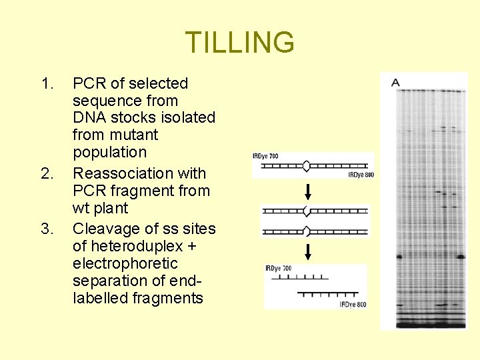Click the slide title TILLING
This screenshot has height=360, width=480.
[x=239, y=43]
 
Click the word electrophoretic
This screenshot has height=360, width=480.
[x=125, y=264]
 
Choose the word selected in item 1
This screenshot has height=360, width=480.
[x=159, y=84]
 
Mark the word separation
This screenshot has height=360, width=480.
[x=109, y=281]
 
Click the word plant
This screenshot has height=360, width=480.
[x=111, y=208]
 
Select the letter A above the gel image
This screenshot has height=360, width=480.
[x=395, y=82]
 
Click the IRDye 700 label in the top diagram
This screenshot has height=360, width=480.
[x=265, y=156]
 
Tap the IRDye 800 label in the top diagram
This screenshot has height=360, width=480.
[x=361, y=175]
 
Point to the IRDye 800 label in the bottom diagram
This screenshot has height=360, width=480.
[x=353, y=305]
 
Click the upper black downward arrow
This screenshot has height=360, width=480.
[x=307, y=193]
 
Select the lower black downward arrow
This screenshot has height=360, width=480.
[x=307, y=252]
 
